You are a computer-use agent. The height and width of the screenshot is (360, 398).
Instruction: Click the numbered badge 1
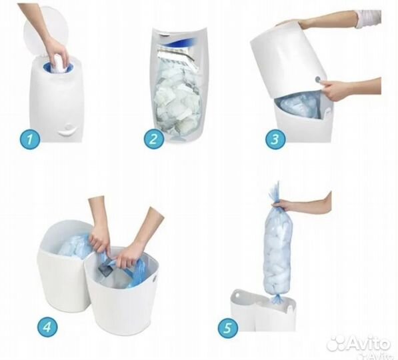point(30,139)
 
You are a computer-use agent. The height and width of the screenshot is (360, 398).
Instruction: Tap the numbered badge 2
point(154,139)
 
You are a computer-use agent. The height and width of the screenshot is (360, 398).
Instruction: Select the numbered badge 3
point(275,139)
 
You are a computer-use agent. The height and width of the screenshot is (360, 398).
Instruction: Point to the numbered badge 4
point(47,327)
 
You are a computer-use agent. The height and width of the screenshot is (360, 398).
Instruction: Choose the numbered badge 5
point(228,327)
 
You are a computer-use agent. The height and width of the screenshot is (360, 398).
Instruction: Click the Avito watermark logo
point(359,344)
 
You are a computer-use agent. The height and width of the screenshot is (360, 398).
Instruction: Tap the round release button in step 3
point(318,80)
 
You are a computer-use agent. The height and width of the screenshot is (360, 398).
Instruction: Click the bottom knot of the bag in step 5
point(276,298)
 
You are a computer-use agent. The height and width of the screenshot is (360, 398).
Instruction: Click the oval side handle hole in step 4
point(154,278)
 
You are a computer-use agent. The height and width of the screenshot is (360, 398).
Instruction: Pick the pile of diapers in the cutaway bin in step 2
point(178,99)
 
